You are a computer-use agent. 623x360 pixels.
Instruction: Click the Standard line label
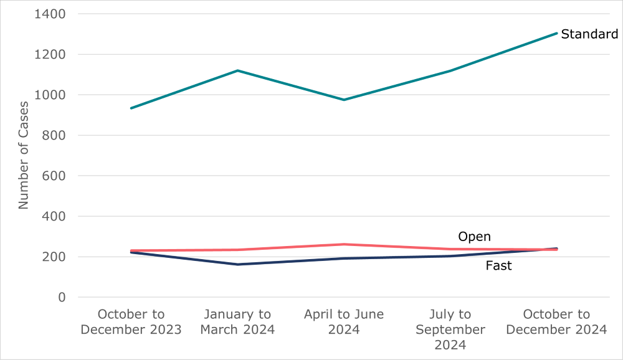(589, 34)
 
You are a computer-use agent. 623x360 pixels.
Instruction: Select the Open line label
(474, 237)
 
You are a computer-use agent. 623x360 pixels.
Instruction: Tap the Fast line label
(498, 266)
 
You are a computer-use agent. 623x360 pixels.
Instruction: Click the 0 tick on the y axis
(62, 298)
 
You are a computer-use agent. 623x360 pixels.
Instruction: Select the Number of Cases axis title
(24, 155)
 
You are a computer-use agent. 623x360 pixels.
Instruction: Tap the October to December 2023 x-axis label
(131, 322)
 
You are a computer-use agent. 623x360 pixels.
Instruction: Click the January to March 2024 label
(237, 322)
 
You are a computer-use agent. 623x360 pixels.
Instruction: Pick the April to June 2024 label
(344, 322)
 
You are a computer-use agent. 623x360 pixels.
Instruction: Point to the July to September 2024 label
(450, 329)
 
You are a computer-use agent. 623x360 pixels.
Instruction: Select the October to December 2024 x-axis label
(556, 322)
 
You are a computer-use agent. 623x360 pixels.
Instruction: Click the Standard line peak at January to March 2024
(237, 70)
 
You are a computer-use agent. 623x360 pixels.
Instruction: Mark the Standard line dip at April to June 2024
(344, 100)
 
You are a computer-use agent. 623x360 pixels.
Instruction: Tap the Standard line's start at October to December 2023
(131, 108)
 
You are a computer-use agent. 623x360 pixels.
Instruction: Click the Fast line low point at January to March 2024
(237, 265)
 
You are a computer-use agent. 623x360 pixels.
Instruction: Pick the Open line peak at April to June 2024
(344, 244)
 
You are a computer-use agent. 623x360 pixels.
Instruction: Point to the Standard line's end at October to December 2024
(556, 33)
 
